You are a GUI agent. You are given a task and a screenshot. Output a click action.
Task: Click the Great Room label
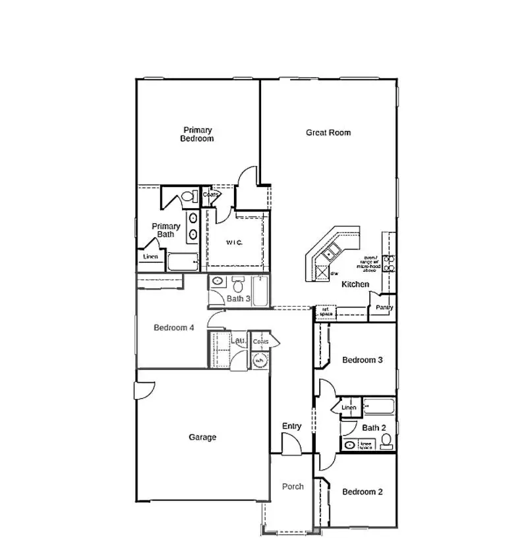coord(328,133)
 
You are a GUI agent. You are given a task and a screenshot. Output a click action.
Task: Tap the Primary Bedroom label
coord(197,134)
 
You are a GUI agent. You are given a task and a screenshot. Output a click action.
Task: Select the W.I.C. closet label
coord(234,243)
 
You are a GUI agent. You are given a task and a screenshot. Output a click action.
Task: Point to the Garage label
coord(202,437)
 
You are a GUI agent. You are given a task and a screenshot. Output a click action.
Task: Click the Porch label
coord(293,486)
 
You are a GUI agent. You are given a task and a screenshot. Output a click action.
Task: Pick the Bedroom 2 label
coord(362,492)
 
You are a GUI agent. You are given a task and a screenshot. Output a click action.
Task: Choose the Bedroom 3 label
coord(362,360)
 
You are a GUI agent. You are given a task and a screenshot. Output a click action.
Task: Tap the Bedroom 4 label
coord(173,328)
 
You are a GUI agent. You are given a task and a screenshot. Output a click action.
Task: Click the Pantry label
coord(384,307)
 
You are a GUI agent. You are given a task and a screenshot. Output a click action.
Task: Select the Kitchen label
coord(355,284)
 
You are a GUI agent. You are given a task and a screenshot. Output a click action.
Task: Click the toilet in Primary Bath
coord(189,197)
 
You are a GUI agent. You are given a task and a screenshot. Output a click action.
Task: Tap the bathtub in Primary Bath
coord(183,262)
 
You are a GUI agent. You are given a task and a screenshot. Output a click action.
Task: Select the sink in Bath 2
coord(349,445)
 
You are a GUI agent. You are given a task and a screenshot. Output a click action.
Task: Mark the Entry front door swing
coord(291,446)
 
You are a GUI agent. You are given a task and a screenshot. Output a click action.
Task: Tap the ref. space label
coord(325,311)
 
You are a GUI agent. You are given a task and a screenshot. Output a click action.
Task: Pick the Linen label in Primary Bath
coord(150,256)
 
